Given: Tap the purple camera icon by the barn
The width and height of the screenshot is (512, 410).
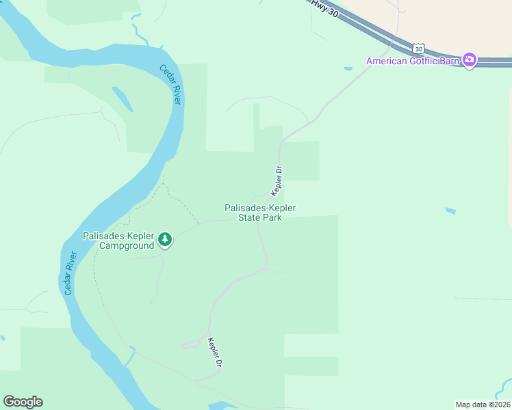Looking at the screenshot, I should point(470,60).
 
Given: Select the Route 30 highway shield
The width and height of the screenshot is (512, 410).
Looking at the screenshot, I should point(418,49).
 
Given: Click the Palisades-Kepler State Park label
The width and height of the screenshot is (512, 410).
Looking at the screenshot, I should point(260,213).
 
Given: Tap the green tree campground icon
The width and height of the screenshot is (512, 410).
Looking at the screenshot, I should point(164,239).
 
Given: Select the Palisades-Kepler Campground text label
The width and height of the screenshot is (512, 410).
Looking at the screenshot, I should point(119,241).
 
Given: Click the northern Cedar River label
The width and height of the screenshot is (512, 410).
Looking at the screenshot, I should point(170,83).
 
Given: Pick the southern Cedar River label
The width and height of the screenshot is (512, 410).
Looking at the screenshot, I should point(69,273).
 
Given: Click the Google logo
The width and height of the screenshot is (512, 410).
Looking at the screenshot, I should point(23,402).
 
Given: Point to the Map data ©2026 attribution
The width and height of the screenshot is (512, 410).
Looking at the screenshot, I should point(483,405).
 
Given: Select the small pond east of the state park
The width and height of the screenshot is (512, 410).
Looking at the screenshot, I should point(450,210).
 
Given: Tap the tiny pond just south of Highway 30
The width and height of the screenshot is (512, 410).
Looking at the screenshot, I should point(348,68).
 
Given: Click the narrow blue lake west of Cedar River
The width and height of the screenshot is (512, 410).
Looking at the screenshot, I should point(123,99).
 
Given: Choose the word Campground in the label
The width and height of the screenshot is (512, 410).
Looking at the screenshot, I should point(127,245).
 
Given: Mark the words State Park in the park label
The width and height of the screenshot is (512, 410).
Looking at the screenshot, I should point(260,217).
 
